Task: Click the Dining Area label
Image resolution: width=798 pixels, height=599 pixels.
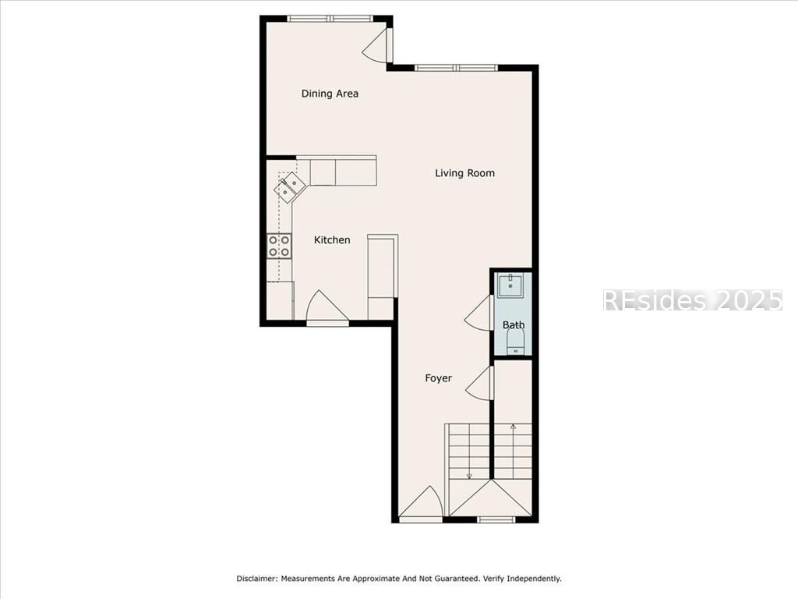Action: pyautogui.click(x=330, y=94)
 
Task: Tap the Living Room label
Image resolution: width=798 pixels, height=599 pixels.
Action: pyautogui.click(x=464, y=173)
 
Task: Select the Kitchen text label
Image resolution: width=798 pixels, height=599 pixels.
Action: pyautogui.click(x=332, y=240)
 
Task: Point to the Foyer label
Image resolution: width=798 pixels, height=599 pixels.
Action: pyautogui.click(x=438, y=378)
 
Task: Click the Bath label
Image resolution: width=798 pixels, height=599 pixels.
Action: pyautogui.click(x=514, y=325)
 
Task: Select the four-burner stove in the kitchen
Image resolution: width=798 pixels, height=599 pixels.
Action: pyautogui.click(x=280, y=246)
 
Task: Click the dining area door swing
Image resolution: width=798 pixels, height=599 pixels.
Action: pyautogui.click(x=377, y=46)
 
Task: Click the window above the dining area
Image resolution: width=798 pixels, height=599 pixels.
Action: pyautogui.click(x=329, y=18)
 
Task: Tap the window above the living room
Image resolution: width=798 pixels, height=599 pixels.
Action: pyautogui.click(x=456, y=68)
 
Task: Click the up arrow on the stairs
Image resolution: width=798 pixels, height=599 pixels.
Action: pyautogui.click(x=513, y=427)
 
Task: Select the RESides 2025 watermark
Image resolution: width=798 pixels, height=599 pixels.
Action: pyautogui.click(x=692, y=300)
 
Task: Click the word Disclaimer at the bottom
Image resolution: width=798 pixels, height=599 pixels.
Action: pyautogui.click(x=256, y=579)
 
